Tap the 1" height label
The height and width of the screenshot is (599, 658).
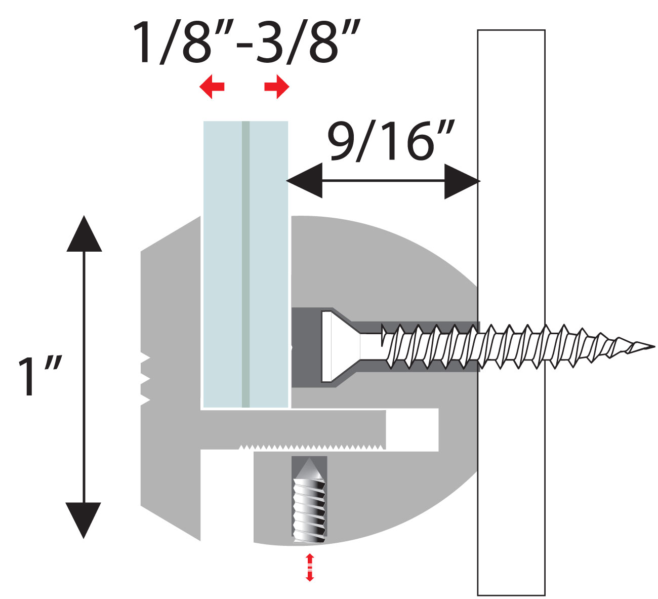(39, 377)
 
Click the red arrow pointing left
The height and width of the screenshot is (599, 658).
(212, 87)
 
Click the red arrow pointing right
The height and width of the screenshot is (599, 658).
(277, 87)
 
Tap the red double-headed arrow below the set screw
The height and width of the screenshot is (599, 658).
(309, 567)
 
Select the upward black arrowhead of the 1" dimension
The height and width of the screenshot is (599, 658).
(84, 234)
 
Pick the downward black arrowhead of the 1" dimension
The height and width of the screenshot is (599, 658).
(84, 518)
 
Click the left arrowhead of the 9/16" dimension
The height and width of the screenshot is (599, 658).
(305, 180)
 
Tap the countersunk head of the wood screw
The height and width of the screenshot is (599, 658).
(337, 346)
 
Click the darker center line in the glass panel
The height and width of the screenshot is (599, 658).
(245, 263)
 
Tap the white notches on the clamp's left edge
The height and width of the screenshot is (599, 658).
(145, 380)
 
